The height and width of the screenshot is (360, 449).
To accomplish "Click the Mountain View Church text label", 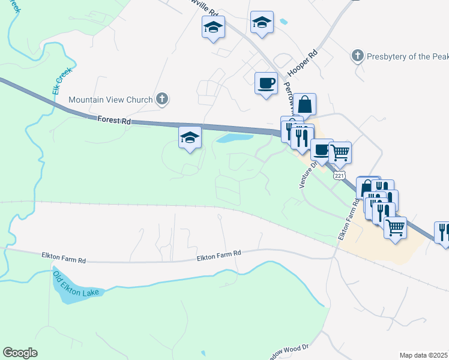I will (110, 100).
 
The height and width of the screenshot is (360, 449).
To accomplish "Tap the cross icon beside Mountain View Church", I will (161, 99).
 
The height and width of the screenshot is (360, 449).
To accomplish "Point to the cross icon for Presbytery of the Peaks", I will (357, 56).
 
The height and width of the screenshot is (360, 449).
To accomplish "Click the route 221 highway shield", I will (340, 176).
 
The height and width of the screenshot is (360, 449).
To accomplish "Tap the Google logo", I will (20, 353).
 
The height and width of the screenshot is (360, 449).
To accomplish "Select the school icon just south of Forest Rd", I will (190, 138).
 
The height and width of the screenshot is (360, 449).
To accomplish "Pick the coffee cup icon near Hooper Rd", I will (266, 83).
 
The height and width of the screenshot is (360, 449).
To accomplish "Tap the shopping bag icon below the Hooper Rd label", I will (305, 104).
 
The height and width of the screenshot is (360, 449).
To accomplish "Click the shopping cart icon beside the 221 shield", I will (340, 152).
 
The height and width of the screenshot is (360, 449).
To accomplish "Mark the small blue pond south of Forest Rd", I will (234, 138).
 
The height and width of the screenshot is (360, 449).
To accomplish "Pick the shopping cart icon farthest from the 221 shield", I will (395, 227).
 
